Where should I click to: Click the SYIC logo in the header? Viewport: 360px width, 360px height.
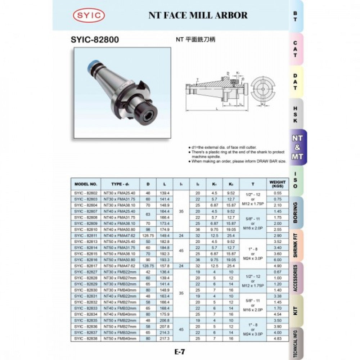point(89,15)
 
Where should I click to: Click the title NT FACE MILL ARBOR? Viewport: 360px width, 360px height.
point(198,15)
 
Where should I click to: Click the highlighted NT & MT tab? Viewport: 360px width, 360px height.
point(297,147)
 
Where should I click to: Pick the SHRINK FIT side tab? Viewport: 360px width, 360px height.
point(296,245)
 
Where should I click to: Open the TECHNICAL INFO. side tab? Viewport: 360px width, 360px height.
point(296,343)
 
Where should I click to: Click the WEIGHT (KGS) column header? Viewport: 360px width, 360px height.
point(277,184)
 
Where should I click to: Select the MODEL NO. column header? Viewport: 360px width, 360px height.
point(86,184)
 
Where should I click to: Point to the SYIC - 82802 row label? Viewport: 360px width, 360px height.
point(86,193)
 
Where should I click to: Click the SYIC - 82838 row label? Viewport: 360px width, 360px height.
point(86,339)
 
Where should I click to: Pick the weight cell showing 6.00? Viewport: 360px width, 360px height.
point(277,260)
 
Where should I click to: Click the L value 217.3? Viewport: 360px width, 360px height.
point(165,339)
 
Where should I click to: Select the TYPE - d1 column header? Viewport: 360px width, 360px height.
point(120,184)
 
